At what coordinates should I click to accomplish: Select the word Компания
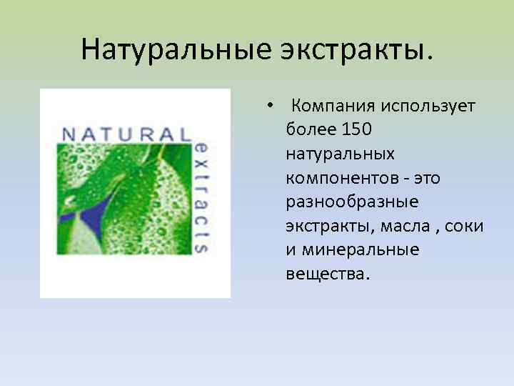coord(333,107)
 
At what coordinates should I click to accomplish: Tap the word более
coord(308,130)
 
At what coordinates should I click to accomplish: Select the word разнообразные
coord(351,203)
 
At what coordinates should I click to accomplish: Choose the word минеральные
coord(361,251)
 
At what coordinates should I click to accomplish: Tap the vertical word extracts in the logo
coord(201,193)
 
